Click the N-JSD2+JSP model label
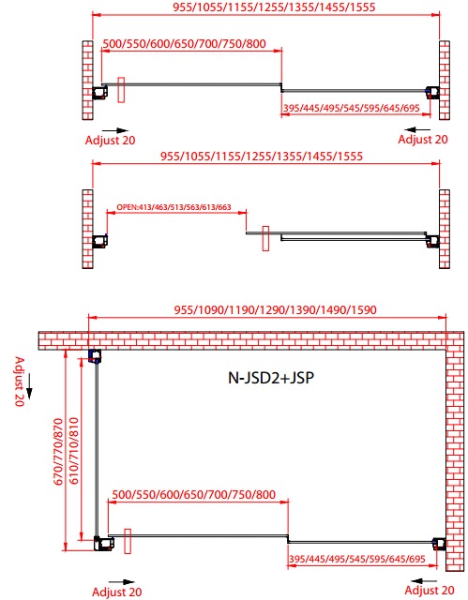pos(271,378)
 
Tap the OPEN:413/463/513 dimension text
pos(174,207)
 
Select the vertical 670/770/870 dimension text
pos(58,452)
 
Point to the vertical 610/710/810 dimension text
pos(74,451)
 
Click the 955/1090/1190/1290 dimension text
pos(275,309)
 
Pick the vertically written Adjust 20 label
pos(19,382)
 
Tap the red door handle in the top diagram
pos(121,90)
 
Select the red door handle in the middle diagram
pos(265,238)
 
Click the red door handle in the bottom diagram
pos(128,541)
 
